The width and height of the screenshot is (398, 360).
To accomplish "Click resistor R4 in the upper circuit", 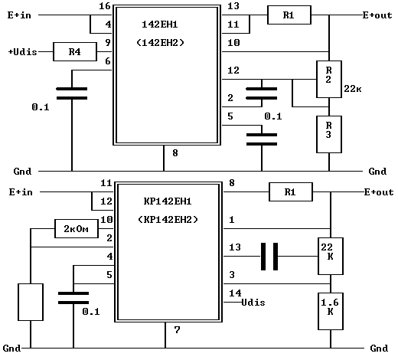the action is click(x=75, y=51).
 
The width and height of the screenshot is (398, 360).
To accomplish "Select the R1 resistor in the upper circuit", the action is click(x=289, y=15).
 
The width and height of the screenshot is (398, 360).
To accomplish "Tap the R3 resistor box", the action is click(x=329, y=134).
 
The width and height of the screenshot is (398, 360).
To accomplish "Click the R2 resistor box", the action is click(x=329, y=79).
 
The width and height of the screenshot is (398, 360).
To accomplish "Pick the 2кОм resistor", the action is click(x=77, y=228).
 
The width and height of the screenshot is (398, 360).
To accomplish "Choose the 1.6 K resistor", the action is click(x=331, y=311).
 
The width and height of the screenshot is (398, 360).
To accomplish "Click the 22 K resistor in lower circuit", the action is click(x=331, y=256).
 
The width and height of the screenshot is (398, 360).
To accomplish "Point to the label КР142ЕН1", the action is click(x=168, y=201).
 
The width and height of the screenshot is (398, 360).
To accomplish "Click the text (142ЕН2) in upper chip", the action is click(x=160, y=42).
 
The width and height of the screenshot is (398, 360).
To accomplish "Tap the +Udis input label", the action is click(x=23, y=52).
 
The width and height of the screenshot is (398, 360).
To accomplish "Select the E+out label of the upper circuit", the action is click(x=377, y=15).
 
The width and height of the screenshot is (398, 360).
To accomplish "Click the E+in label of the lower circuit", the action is click(x=21, y=192).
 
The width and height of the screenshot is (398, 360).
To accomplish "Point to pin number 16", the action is click(x=105, y=6).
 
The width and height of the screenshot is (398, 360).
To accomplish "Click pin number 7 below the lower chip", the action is click(x=177, y=330).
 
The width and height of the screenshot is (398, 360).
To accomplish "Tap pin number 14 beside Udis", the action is click(x=235, y=293).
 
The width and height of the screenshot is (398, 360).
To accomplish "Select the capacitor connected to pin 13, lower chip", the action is click(x=269, y=257).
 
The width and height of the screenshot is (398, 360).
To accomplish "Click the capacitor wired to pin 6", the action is click(x=72, y=93).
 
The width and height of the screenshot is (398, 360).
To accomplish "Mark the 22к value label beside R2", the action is click(x=353, y=89).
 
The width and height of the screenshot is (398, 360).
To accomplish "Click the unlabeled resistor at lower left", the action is click(x=31, y=302).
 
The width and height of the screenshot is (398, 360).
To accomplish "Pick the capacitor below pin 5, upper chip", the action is click(x=262, y=139).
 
